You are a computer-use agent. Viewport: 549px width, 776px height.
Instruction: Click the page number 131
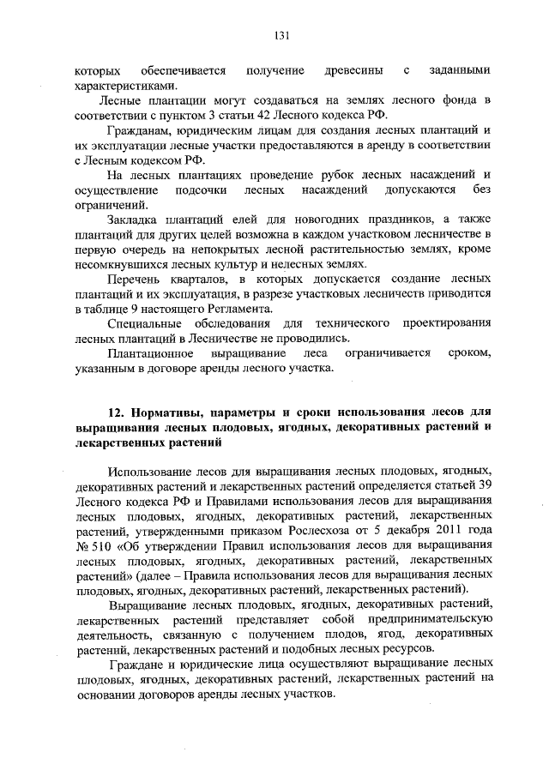point(280,36)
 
